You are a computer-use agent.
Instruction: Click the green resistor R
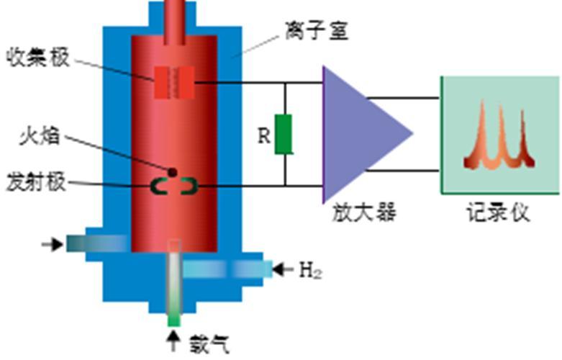point(284,135)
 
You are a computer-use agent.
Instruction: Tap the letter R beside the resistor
point(264,136)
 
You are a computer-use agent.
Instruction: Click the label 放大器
point(364,212)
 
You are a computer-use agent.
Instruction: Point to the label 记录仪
point(498,212)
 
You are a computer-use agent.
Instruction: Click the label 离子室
point(317,30)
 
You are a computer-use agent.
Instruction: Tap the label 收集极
point(38,58)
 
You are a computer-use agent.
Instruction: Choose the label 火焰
point(40,137)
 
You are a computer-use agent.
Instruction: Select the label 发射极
point(36,182)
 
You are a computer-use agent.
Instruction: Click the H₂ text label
point(311,270)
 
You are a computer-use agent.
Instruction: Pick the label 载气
point(209,345)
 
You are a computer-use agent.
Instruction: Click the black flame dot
point(173,173)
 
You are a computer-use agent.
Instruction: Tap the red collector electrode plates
point(175,83)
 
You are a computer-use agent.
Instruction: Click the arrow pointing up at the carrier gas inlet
point(174,341)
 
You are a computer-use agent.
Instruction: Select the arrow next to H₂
point(283,270)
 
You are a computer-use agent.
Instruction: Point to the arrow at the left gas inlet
point(53,245)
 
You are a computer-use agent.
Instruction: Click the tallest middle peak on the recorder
point(500,136)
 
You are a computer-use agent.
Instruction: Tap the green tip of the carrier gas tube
point(174,320)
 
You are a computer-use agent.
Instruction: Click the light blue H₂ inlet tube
point(228,270)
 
